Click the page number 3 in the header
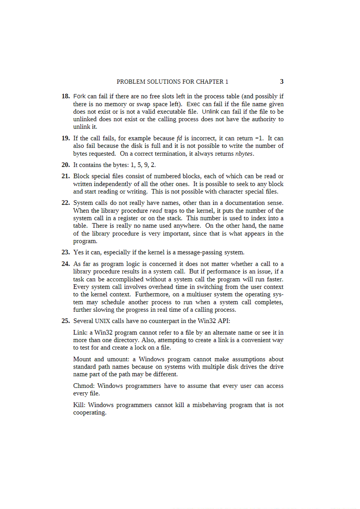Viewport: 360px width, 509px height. pos(282,81)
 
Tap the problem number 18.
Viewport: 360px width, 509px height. pos(66,96)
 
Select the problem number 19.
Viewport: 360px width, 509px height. pos(66,138)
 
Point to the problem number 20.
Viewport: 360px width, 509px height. pos(66,165)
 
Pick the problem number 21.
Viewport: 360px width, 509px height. pos(66,176)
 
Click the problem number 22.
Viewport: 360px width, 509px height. pos(66,203)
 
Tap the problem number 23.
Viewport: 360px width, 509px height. pos(66,252)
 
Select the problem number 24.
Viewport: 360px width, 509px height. pos(66,264)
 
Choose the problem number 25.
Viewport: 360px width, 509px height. pos(66,321)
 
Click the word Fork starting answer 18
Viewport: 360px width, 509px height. pos(79,96)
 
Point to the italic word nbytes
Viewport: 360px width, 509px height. pos(244,154)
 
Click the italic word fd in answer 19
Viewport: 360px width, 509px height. pos(179,138)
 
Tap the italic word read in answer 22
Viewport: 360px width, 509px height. pos(156,211)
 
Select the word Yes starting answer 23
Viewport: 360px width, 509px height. pos(78,252)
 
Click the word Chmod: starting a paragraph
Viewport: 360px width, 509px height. pos(83,386)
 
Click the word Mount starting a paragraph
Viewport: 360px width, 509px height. pos(82,359)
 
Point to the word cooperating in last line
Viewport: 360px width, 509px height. pos(89,413)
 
